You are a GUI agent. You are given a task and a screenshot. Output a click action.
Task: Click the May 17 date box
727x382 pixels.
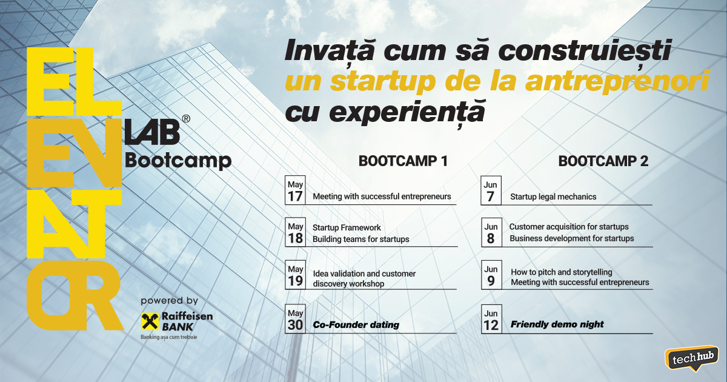click(x=295, y=190)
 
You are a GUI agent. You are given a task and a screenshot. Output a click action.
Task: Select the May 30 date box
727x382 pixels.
click(x=295, y=319)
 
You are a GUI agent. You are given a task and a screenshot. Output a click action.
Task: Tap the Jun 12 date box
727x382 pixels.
click(x=491, y=319)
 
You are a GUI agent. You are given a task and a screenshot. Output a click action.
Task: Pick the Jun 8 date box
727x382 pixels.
click(x=491, y=233)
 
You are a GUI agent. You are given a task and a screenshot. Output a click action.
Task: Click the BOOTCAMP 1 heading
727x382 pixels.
click(x=403, y=161)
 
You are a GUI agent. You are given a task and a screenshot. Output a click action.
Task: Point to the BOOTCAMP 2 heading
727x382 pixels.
click(x=603, y=161)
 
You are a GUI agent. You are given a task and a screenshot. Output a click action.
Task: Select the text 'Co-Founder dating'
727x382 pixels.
click(x=356, y=325)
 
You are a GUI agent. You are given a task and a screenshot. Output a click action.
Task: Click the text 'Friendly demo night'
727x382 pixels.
click(x=557, y=324)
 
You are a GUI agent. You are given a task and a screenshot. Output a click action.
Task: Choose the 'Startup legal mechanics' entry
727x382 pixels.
click(x=553, y=196)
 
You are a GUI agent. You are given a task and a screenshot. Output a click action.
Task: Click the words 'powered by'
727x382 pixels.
click(x=169, y=301)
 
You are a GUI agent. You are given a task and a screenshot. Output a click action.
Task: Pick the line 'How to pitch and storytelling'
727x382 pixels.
click(x=561, y=272)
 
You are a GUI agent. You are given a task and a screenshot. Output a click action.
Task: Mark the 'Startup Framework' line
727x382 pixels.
click(x=347, y=227)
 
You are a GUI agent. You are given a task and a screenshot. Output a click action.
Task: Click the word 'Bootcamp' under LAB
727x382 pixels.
click(x=178, y=160)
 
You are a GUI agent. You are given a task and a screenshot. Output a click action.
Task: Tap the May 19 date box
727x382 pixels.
click(x=295, y=275)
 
